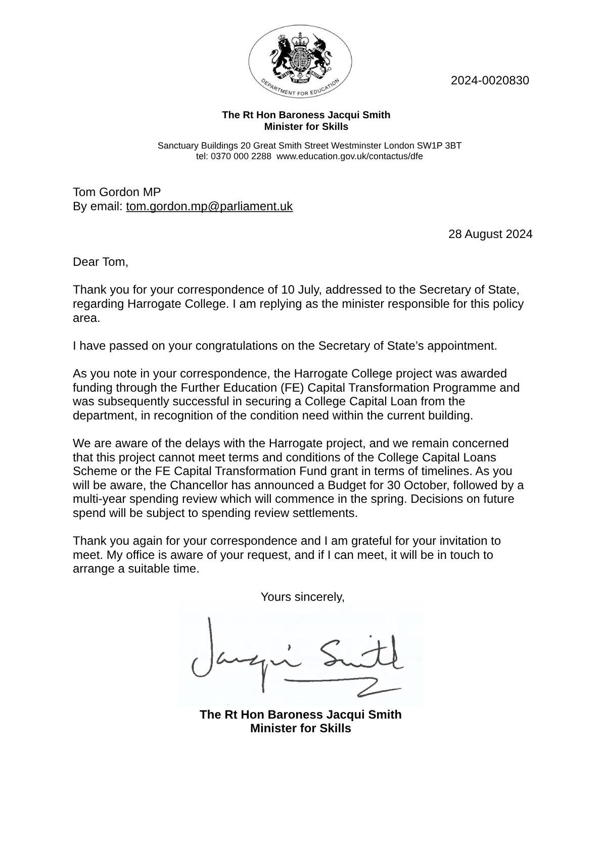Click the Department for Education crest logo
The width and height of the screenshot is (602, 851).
click(300, 62)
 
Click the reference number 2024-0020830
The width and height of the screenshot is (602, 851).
click(489, 80)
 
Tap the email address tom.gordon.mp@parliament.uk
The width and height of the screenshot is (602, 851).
click(209, 206)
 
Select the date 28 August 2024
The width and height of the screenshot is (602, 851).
click(490, 234)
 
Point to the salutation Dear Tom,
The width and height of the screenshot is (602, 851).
click(101, 262)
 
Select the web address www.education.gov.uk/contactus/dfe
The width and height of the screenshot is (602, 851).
click(349, 156)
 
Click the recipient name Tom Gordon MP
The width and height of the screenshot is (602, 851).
click(117, 192)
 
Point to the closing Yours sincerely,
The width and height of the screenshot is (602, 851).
click(302, 597)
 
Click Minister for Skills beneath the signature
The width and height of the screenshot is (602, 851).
click(300, 728)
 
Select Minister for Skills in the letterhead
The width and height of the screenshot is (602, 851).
click(306, 126)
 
